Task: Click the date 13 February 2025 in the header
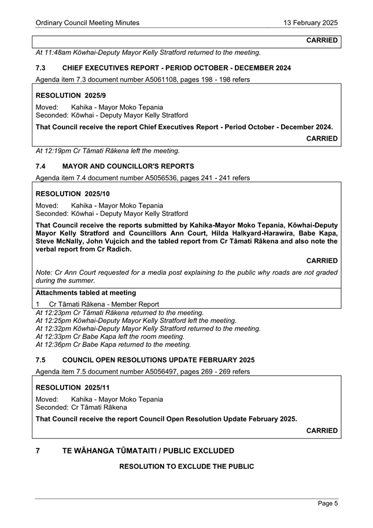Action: [x=310, y=23]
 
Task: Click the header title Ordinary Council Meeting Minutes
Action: [x=87, y=23]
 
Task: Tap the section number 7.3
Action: [x=40, y=68]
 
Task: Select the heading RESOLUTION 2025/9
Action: [x=72, y=95]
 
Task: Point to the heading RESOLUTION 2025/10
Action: [x=73, y=193]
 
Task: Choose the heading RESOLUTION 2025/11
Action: [x=73, y=387]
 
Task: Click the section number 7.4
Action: [x=40, y=166]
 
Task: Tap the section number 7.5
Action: [x=40, y=360]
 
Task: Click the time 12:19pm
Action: [x=56, y=151]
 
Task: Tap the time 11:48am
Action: [x=56, y=53]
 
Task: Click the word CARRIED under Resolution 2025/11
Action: [x=322, y=431]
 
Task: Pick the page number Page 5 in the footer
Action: [x=328, y=504]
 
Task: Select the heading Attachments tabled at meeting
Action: [x=86, y=292]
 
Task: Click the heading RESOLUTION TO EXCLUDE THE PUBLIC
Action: [x=186, y=467]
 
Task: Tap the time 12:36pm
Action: [x=56, y=344]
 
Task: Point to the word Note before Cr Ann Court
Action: [x=44, y=272]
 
